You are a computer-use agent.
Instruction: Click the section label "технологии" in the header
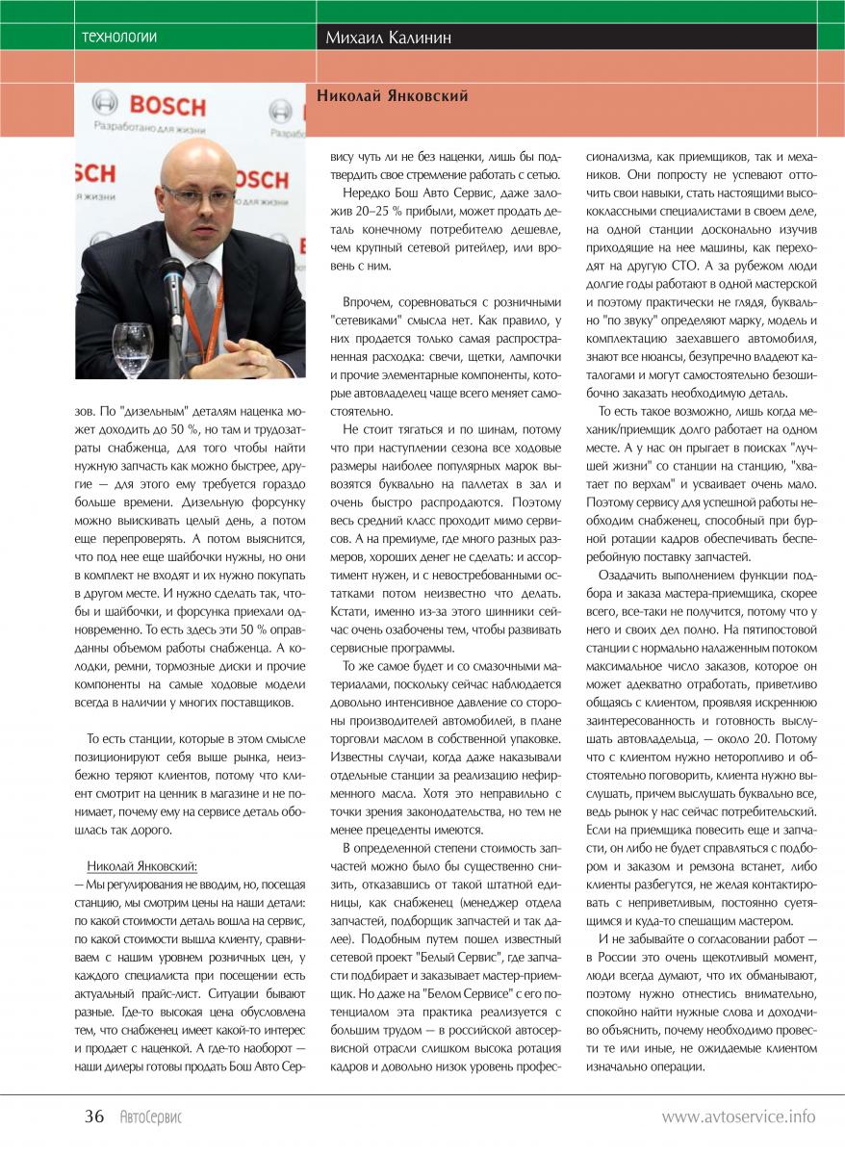(120, 38)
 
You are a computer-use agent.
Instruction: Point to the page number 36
(94, 1116)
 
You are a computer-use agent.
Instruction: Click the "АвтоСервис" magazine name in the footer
(151, 1117)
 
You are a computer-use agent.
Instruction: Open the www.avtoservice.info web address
(738, 1117)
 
